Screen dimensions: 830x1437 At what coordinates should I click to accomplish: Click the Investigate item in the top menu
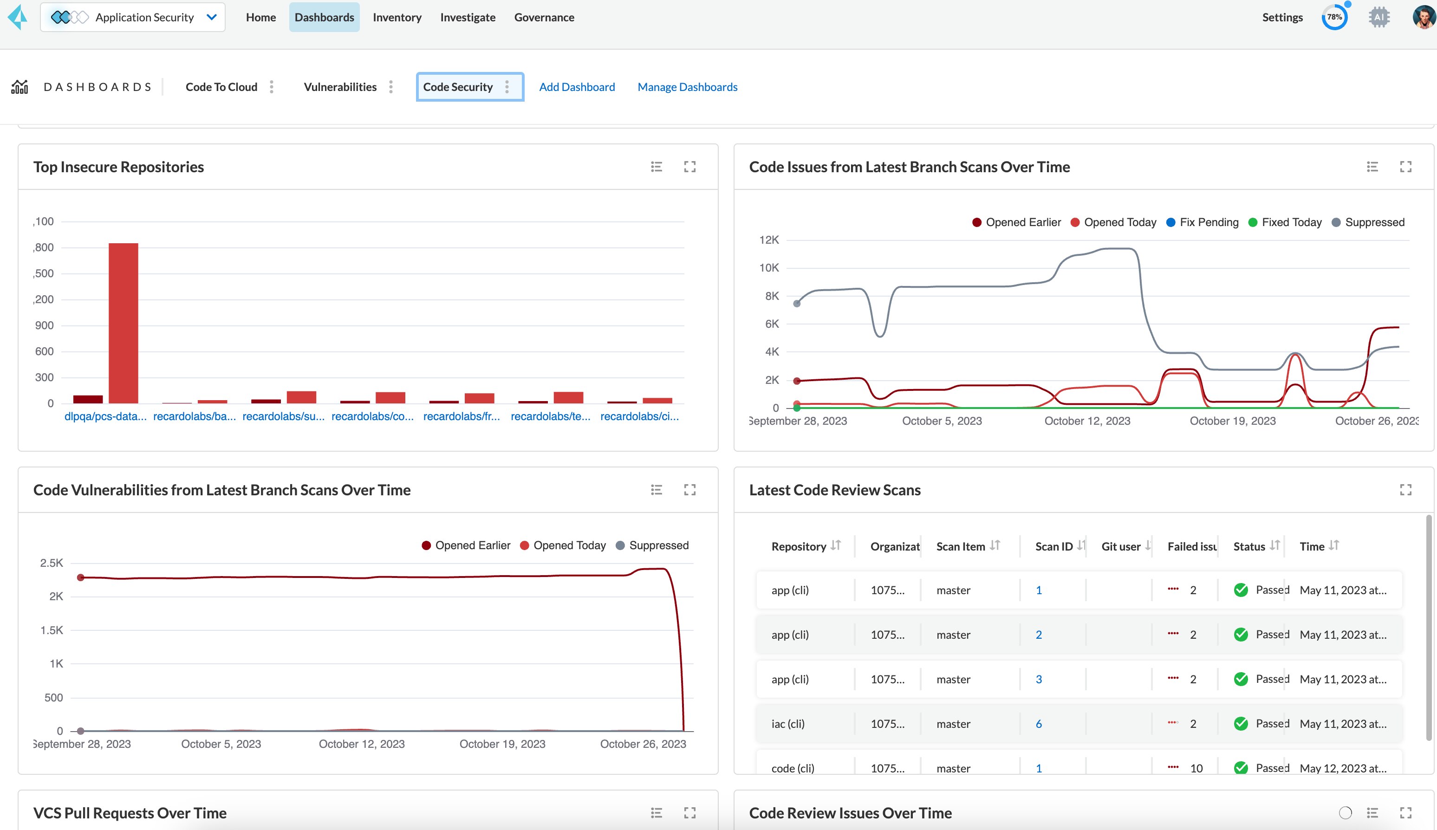[x=468, y=17]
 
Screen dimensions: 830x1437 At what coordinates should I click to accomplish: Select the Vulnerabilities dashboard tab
[x=340, y=87]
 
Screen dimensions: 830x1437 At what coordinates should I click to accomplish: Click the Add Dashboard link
[x=577, y=87]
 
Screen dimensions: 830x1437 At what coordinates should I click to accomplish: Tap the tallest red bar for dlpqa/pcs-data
[x=123, y=323]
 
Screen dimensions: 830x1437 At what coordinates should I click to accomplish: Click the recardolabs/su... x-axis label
[x=283, y=416]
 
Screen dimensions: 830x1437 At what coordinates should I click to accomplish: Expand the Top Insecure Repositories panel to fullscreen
[x=690, y=167]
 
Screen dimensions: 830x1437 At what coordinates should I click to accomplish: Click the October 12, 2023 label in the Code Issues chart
[x=1086, y=421]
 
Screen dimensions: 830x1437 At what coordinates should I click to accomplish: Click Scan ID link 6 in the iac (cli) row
[x=1039, y=724]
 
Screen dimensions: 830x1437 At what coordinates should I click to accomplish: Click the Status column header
[x=1249, y=546]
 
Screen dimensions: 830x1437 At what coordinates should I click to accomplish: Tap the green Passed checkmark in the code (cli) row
[x=1240, y=768]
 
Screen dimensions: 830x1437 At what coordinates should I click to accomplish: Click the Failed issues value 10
[x=1196, y=768]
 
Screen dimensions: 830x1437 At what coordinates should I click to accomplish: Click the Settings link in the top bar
[x=1282, y=17]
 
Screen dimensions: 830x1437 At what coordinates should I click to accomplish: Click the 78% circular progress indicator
[x=1334, y=17]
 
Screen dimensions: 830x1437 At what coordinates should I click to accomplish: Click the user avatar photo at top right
[x=1424, y=17]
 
